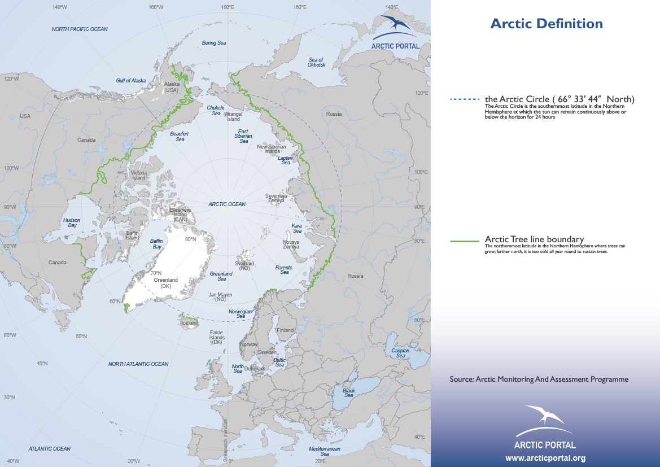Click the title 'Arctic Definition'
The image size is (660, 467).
546,24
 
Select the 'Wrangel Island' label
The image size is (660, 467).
234,116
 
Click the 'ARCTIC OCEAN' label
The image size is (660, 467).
226,204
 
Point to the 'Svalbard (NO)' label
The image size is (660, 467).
244,266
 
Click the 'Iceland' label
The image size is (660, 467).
190,323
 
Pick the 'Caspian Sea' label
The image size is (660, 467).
400,353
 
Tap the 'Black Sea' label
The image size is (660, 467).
348,393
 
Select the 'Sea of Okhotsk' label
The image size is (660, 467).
316,62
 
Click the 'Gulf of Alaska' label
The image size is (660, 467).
131,80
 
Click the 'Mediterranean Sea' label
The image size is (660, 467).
325,451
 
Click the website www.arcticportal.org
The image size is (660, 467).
545,458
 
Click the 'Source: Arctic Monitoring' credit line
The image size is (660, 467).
539,379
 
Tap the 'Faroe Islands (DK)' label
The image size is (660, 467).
216,337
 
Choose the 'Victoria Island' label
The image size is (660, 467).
138,175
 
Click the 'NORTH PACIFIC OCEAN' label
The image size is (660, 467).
79,29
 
